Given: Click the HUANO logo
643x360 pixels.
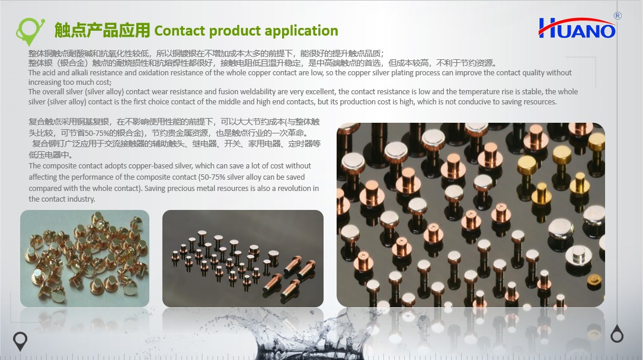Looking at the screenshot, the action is click(x=577, y=28).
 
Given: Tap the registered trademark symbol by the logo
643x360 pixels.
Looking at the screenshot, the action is click(x=618, y=15).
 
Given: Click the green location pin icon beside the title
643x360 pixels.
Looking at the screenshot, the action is click(x=30, y=31).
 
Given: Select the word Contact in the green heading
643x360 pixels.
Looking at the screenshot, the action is click(x=180, y=31).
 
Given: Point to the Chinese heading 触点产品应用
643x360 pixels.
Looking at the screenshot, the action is click(x=102, y=30).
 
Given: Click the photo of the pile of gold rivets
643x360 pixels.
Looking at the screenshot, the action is click(x=85, y=258).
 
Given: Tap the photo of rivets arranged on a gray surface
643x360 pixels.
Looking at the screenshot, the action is click(x=243, y=258).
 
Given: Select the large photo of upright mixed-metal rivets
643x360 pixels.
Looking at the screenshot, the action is click(x=471, y=215).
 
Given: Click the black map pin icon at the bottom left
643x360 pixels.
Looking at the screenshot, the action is click(x=20, y=340).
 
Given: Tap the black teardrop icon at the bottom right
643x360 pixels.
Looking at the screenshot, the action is click(x=617, y=334).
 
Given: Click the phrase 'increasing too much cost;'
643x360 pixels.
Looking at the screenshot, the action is click(x=70, y=82).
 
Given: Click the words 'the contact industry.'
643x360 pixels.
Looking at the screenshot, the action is click(x=62, y=199).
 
